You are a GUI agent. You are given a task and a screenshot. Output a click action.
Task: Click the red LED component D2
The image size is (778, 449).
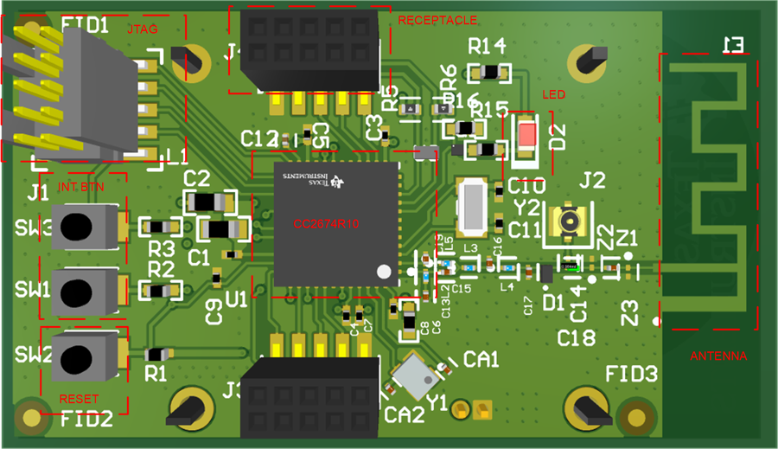[x=526, y=137]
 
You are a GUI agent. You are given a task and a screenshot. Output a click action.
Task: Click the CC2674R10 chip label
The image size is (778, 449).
[x=326, y=224]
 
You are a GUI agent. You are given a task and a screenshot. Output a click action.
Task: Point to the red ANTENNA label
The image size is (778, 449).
[x=718, y=356]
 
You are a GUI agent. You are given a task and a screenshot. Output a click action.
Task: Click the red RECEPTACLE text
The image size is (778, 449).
[x=437, y=20]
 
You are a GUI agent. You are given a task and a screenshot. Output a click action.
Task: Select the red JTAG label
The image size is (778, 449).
[x=142, y=29]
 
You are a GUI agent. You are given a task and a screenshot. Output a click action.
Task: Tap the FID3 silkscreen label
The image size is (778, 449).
[x=631, y=375]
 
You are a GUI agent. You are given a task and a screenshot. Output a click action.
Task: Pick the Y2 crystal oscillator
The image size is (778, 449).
[x=473, y=208]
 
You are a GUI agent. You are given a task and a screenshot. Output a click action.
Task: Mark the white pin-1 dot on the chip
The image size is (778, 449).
[x=384, y=272]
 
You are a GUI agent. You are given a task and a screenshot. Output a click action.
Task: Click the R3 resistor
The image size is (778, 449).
[x=160, y=228]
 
